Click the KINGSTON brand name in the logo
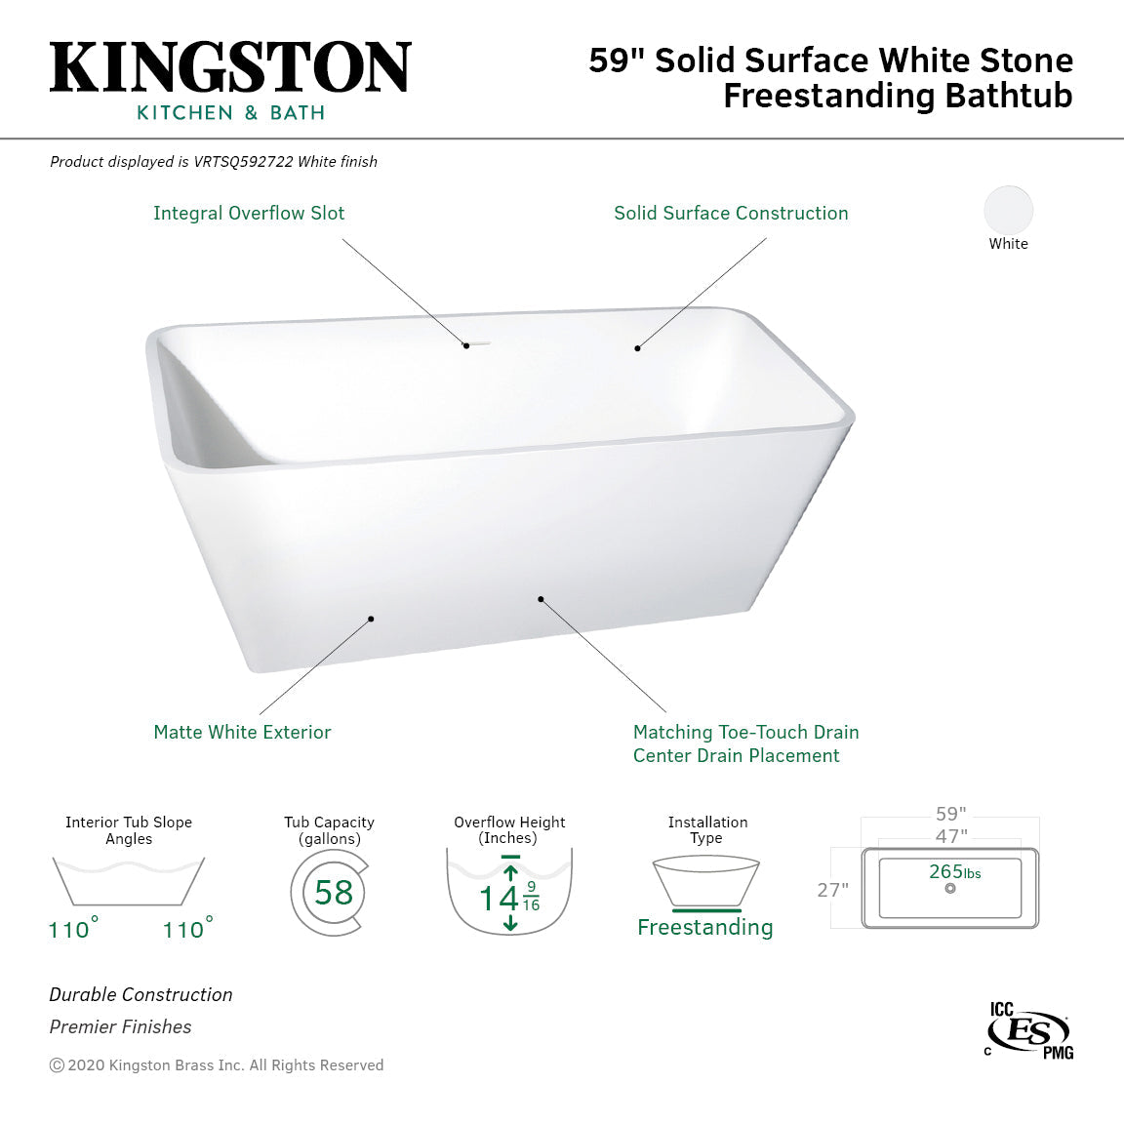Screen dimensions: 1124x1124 [230, 68]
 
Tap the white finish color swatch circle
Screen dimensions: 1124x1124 [1008, 210]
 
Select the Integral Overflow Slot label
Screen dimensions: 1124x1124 [249, 213]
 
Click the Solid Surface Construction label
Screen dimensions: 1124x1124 [731, 213]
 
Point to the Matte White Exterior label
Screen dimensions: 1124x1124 [242, 732]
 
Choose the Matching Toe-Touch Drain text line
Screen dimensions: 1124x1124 [745, 732]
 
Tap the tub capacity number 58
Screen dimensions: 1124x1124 [334, 892]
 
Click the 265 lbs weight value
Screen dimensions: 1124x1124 [954, 871]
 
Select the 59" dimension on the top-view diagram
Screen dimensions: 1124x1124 [950, 814]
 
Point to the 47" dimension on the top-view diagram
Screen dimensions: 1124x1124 [950, 836]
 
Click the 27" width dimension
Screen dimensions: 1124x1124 [832, 890]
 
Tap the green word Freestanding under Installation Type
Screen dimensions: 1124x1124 [704, 927]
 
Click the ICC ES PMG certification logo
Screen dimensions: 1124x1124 [1029, 1030]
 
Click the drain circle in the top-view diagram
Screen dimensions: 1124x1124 [950, 889]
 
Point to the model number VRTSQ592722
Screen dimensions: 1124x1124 [244, 162]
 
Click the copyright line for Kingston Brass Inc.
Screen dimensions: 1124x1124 [217, 1065]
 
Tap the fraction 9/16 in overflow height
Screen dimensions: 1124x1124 [531, 896]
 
